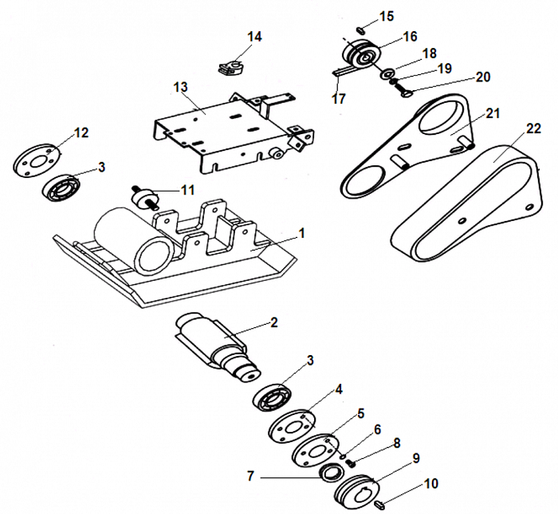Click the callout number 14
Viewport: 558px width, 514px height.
[x=254, y=37]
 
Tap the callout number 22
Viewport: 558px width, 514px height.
[x=533, y=128]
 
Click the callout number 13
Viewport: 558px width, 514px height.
[x=179, y=86]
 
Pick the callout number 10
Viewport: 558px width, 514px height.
[x=430, y=484]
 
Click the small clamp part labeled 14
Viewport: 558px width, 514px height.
[x=230, y=63]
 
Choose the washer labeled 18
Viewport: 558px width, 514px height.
[x=387, y=74]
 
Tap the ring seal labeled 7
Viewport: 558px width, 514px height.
[x=327, y=472]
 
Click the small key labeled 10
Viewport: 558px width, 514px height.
[x=381, y=504]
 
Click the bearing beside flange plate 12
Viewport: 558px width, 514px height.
[x=63, y=188]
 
